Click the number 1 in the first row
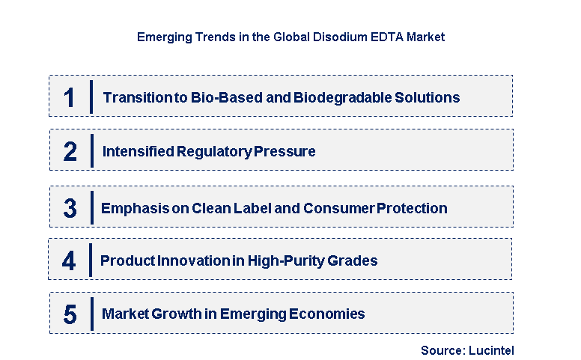coord(70,97)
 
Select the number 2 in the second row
coord(70,152)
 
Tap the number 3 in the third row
coord(70,208)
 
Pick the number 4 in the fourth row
coord(69,261)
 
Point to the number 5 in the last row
coord(70,314)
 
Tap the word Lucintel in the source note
coord(490,350)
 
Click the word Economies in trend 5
coord(329,314)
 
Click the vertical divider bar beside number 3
coord(91,207)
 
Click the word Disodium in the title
coord(334,37)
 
